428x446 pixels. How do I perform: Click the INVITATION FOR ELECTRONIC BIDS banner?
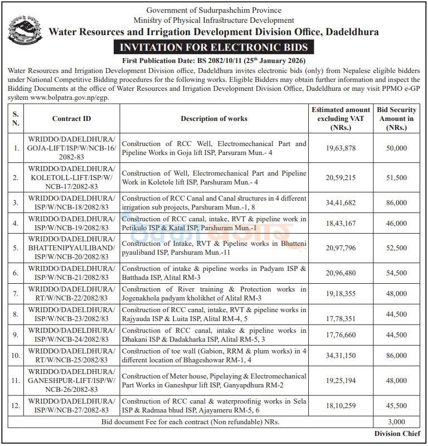[x=213, y=47]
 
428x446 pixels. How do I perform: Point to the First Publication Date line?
[x=213, y=60]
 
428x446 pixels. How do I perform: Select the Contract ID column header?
[x=71, y=119]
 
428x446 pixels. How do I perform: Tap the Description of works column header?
[x=214, y=119]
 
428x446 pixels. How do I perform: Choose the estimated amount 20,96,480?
[x=339, y=273]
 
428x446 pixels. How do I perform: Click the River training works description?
[x=214, y=293]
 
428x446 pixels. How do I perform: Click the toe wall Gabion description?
[x=214, y=355]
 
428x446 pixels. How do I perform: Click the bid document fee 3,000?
[x=396, y=422]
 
